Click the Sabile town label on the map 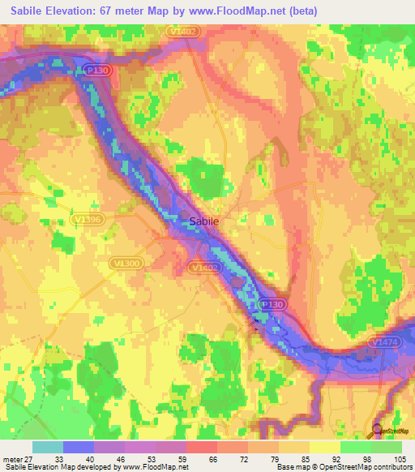pyautogui.click(x=203, y=220)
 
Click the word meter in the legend pyautogui.click(x=12, y=457)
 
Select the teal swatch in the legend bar pyautogui.click(x=48, y=446)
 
